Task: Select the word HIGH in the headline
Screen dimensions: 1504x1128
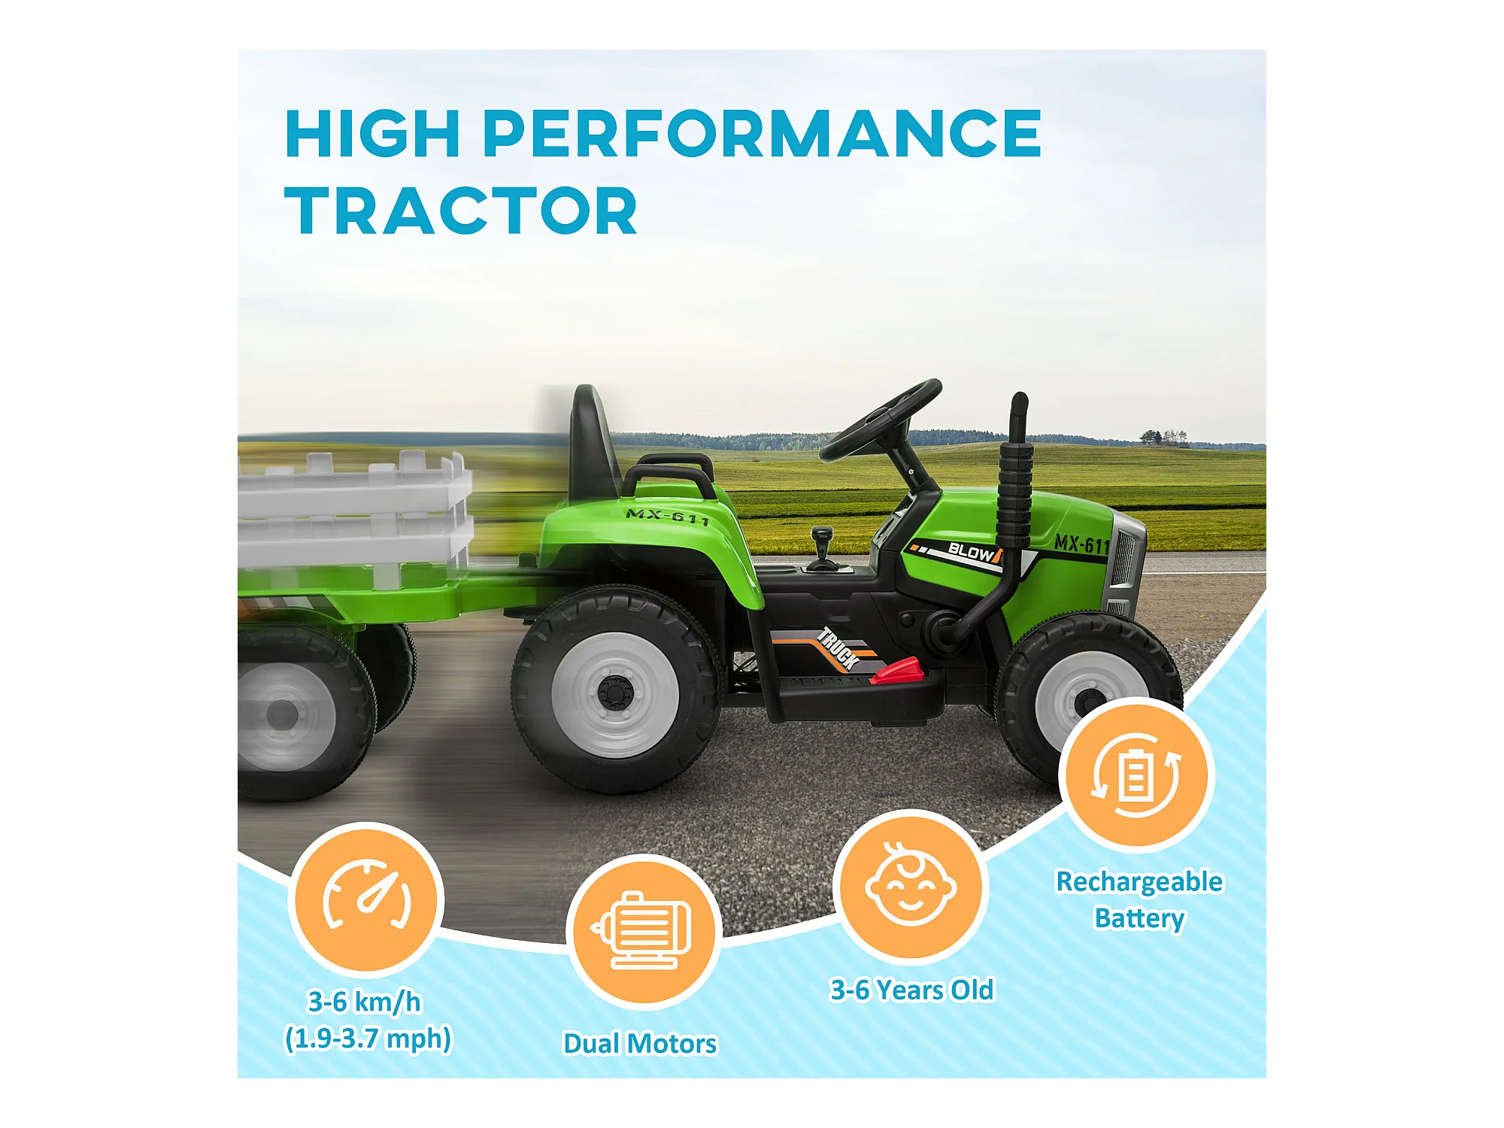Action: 372,133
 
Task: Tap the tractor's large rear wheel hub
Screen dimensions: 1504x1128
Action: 615,694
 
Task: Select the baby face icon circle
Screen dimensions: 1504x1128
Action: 911,887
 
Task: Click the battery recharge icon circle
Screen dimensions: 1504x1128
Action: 1136,775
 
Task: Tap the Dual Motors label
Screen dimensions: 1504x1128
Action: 641,1044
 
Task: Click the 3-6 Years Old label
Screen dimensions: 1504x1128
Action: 911,990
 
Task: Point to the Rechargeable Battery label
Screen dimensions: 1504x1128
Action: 1139,900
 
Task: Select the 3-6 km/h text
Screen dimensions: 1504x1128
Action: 365,1002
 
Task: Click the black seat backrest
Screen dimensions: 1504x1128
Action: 593,444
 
